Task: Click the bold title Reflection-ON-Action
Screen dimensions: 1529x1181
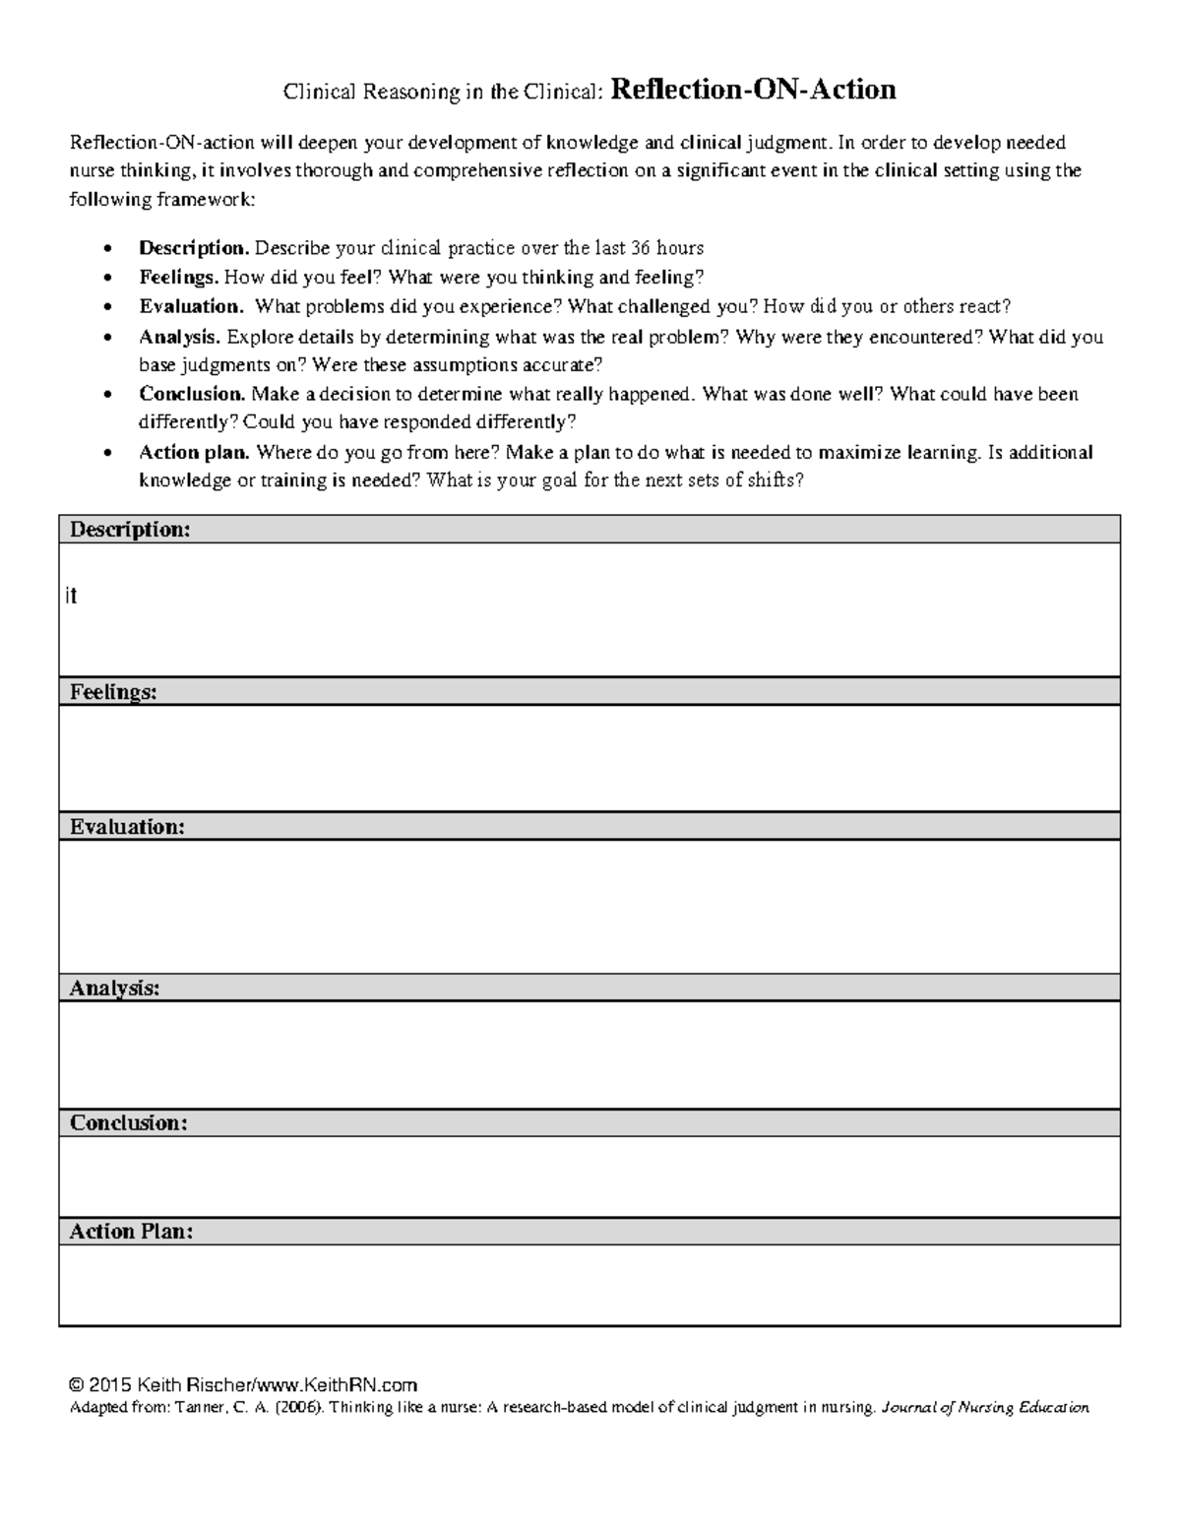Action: tap(753, 91)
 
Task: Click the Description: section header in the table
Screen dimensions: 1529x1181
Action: tap(129, 530)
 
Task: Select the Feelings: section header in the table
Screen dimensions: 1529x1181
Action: tap(113, 692)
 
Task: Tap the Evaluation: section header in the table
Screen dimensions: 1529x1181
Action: tap(127, 827)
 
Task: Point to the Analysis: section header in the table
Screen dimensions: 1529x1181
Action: tap(114, 988)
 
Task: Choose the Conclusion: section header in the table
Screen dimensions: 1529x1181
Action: tap(128, 1123)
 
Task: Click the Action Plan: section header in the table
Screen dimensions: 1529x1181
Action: tap(131, 1232)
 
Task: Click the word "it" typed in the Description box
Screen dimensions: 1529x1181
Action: tap(71, 597)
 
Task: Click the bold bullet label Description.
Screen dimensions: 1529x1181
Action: tap(194, 248)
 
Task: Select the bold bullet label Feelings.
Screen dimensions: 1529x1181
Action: tap(179, 278)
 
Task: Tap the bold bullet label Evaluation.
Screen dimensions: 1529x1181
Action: tap(191, 307)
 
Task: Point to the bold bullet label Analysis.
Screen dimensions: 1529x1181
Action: tap(180, 337)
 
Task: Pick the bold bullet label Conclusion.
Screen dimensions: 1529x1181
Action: tap(192, 395)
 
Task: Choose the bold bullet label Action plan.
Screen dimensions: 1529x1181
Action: tap(195, 453)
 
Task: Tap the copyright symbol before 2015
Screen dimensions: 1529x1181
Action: tap(77, 1384)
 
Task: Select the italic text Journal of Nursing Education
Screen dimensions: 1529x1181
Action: tap(985, 1408)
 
